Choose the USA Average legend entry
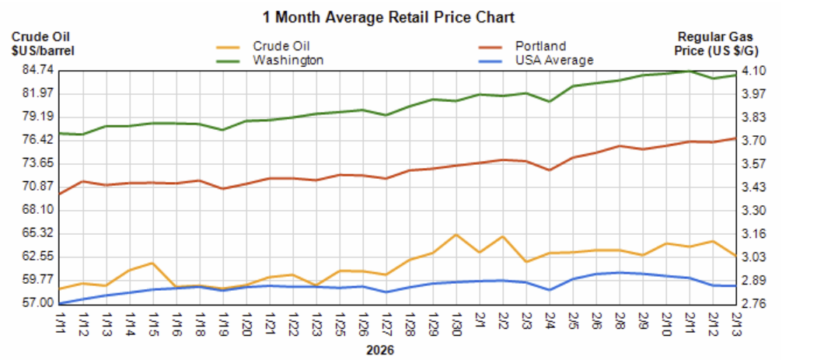click(553, 59)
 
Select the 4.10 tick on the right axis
click(753, 71)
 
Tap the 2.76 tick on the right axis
click(753, 303)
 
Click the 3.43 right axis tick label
click(753, 187)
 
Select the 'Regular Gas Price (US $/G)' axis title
click(716, 44)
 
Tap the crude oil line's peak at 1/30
click(456, 234)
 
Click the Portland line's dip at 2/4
click(550, 170)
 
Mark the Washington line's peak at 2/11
click(690, 71)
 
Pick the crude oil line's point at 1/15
click(152, 263)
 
